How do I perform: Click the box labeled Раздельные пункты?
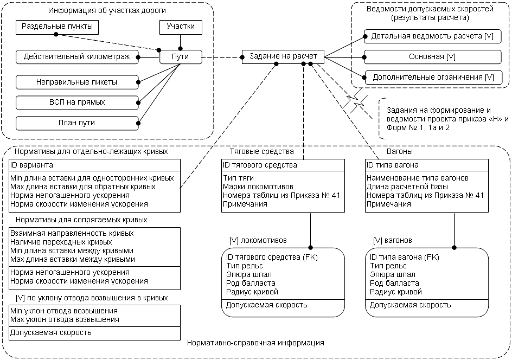57,27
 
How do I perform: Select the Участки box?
181,27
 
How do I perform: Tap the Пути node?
181,57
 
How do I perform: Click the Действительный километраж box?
77,57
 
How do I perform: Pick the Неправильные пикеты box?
77,82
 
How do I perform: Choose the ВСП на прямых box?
77,102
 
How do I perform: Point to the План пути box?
77,123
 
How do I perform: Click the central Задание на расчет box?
283,56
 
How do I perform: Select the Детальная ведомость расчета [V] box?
433,36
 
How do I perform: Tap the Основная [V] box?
433,57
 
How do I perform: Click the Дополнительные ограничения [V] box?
433,78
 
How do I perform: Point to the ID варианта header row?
95,165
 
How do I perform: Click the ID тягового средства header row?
283,165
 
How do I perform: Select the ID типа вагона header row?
427,165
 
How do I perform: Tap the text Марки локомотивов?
258,187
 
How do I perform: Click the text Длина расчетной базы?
407,187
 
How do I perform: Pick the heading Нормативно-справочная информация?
255,343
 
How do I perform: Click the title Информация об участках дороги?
107,10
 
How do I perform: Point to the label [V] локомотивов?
258,241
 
